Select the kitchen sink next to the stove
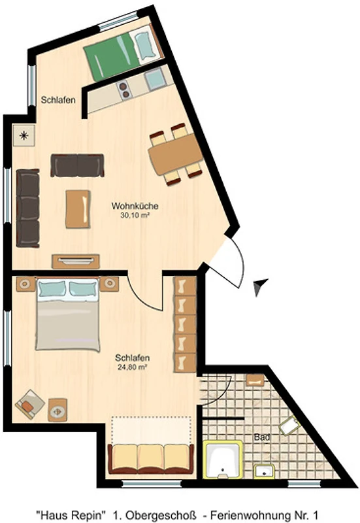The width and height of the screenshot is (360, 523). tap(154, 79)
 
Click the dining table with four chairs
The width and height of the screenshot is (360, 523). tap(176, 154)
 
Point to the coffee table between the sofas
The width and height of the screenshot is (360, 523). tap(78, 209)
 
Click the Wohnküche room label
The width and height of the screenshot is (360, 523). tap(135, 206)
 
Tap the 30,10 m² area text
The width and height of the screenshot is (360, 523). tap(135, 216)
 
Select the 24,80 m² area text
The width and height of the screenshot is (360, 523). tap(133, 367)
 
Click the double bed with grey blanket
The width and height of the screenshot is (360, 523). tap(68, 314)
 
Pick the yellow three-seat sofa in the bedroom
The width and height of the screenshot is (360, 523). tap(151, 459)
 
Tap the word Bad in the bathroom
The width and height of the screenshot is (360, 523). tap(262, 437)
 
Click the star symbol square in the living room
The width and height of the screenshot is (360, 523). tap(24, 135)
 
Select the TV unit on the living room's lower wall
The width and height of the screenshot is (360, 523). tap(76, 261)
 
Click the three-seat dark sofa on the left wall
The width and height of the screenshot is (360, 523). tap(28, 208)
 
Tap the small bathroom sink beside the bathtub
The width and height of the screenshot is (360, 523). tap(265, 471)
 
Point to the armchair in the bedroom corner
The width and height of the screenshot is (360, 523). tap(29, 404)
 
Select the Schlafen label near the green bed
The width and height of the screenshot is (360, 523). tap(58, 100)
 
